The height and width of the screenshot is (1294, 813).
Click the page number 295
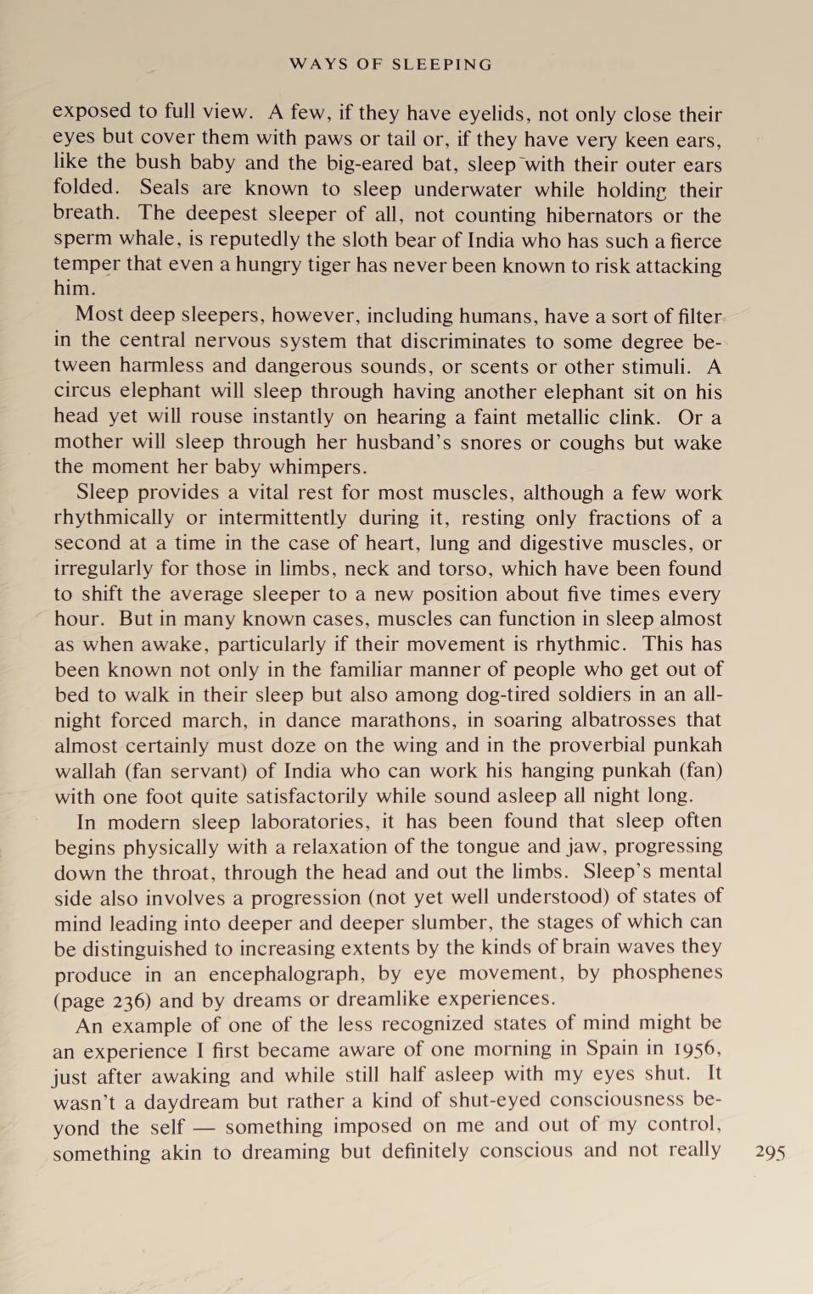tap(770, 1152)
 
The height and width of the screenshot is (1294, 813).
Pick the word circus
tap(83, 391)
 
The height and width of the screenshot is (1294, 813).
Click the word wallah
tap(86, 771)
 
